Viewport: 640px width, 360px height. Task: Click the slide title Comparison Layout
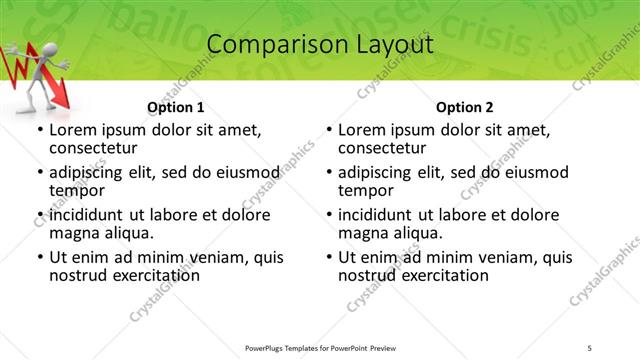(x=320, y=45)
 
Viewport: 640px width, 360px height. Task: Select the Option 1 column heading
(x=175, y=107)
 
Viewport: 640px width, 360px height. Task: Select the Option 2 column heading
(x=464, y=107)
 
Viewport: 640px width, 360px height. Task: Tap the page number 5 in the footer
(x=590, y=349)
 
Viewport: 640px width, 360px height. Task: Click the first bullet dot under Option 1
(x=39, y=130)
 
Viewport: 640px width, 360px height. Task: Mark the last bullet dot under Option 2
(x=328, y=257)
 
